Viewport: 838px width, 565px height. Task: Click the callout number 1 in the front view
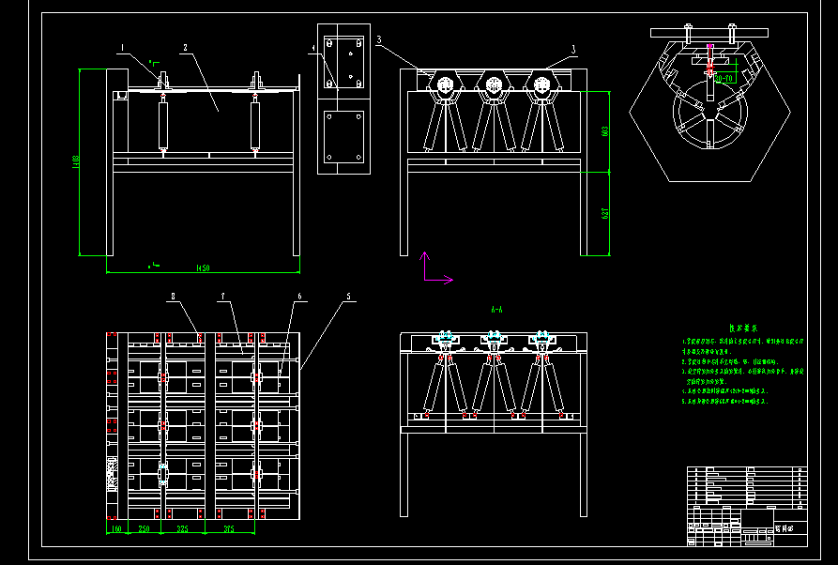tap(121, 46)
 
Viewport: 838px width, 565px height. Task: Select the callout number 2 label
tap(185, 47)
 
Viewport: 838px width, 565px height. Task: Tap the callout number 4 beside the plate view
tap(313, 46)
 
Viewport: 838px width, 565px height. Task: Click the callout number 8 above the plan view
tap(173, 297)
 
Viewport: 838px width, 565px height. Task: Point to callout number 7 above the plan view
tap(222, 297)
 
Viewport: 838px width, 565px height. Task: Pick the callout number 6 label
tap(298, 297)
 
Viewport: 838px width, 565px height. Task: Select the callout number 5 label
tap(348, 297)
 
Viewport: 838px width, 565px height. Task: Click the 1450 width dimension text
tap(201, 269)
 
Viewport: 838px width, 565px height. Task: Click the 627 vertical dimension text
tap(606, 213)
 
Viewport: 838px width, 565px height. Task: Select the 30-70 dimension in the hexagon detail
tap(724, 80)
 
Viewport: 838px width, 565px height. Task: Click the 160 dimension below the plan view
tap(116, 530)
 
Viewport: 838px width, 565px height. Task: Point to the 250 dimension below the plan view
tap(145, 530)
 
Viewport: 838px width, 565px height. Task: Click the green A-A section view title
tap(496, 309)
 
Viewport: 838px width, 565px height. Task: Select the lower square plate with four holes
tap(343, 140)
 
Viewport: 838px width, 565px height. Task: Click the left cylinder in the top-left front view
tap(163, 121)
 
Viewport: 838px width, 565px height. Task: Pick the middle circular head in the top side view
tap(493, 87)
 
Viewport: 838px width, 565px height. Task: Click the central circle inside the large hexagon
tap(709, 119)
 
